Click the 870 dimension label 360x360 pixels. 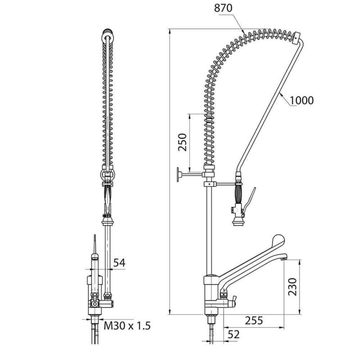coord(223,8)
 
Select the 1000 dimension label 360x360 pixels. coord(301,100)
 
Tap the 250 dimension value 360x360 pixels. coord(183,142)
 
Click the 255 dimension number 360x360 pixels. coord(254,320)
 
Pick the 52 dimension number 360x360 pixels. coord(234,334)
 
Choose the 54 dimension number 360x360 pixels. coord(119,263)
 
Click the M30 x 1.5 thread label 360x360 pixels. coord(127,325)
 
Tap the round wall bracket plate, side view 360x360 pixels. coord(178,175)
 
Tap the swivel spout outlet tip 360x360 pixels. coord(284,259)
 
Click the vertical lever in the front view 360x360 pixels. coord(95,244)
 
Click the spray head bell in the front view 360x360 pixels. coord(107,221)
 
